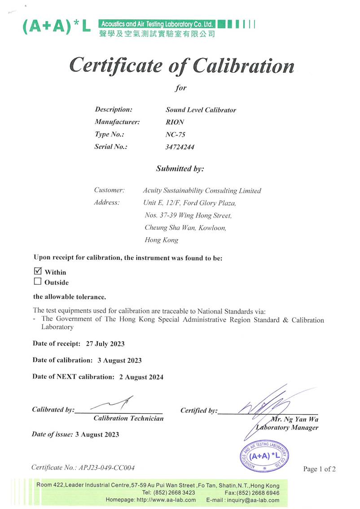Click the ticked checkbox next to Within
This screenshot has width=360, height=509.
click(x=38, y=271)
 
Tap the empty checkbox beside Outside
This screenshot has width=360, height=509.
click(x=38, y=282)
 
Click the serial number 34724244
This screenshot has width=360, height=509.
click(x=180, y=147)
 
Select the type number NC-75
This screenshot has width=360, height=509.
click(x=176, y=134)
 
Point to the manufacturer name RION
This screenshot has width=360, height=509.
click(x=175, y=122)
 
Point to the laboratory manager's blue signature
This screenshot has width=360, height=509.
click(x=265, y=406)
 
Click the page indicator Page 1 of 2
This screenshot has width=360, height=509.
click(x=319, y=469)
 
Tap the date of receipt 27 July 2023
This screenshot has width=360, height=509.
click(x=105, y=344)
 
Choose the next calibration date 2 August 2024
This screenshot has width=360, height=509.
click(x=141, y=377)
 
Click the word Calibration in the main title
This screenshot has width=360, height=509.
click(x=244, y=66)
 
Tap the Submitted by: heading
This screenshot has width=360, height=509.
click(x=180, y=169)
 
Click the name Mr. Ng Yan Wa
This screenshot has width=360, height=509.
click(x=295, y=419)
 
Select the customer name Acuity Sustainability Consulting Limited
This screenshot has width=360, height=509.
click(x=202, y=191)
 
